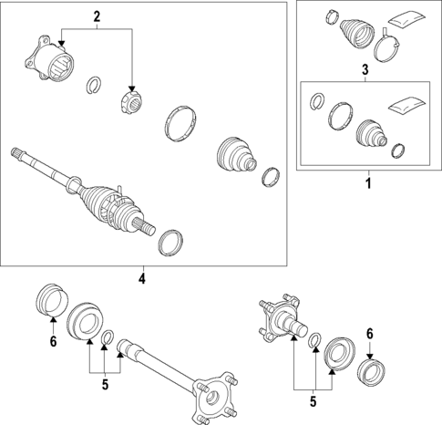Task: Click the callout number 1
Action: pos(368,183)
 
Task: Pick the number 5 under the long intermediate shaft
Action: pos(105,385)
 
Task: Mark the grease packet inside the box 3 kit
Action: pos(406,104)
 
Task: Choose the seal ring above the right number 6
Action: pos(371,371)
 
